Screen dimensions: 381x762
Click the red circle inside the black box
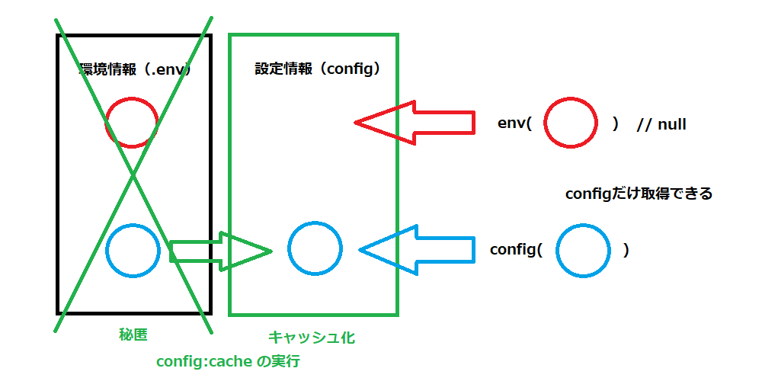pyautogui.click(x=131, y=122)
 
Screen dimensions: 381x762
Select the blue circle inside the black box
pyautogui.click(x=133, y=250)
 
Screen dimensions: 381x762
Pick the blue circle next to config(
pyautogui.click(x=583, y=250)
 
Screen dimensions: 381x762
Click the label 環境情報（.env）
pyautogui.click(x=134, y=69)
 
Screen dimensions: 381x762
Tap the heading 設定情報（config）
pyautogui.click(x=317, y=69)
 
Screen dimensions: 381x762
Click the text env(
pyautogui.click(x=514, y=123)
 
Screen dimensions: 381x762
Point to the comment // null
pyautogui.click(x=661, y=123)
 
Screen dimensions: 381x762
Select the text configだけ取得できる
pyautogui.click(x=639, y=194)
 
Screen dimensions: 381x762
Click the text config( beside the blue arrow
pyautogui.click(x=516, y=250)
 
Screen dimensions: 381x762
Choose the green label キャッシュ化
pyautogui.click(x=312, y=336)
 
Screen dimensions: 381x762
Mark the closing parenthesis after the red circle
pyautogui.click(x=616, y=123)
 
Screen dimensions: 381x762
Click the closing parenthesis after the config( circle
pyautogui.click(x=626, y=250)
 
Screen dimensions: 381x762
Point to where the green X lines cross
pyautogui.click(x=133, y=176)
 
